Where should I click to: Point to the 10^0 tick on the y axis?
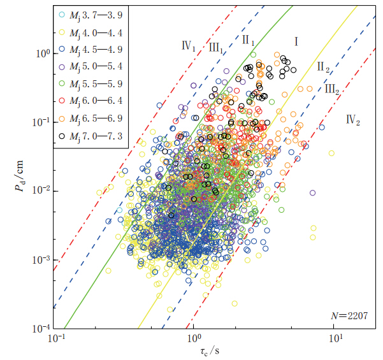click(x=41, y=53)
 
